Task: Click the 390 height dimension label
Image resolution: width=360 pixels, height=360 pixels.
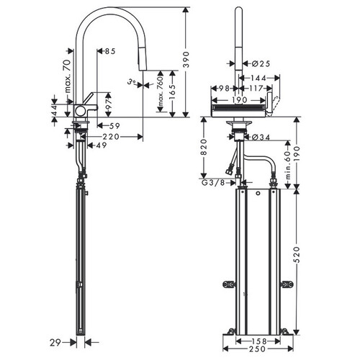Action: tap(186, 60)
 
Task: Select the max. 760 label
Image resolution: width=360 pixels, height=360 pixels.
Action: tap(161, 91)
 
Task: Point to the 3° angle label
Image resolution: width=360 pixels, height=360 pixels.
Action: tap(131, 82)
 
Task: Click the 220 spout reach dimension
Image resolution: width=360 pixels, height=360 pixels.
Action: tap(111, 137)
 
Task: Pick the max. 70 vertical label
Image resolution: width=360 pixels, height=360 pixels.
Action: tap(68, 76)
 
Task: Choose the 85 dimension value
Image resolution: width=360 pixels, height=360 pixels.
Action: tap(109, 51)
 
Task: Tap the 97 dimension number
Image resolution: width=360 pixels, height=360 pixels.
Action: tap(109, 104)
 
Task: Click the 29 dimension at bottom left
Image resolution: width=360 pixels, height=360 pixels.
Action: tap(55, 343)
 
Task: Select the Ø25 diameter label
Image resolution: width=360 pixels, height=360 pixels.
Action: tap(261, 63)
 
